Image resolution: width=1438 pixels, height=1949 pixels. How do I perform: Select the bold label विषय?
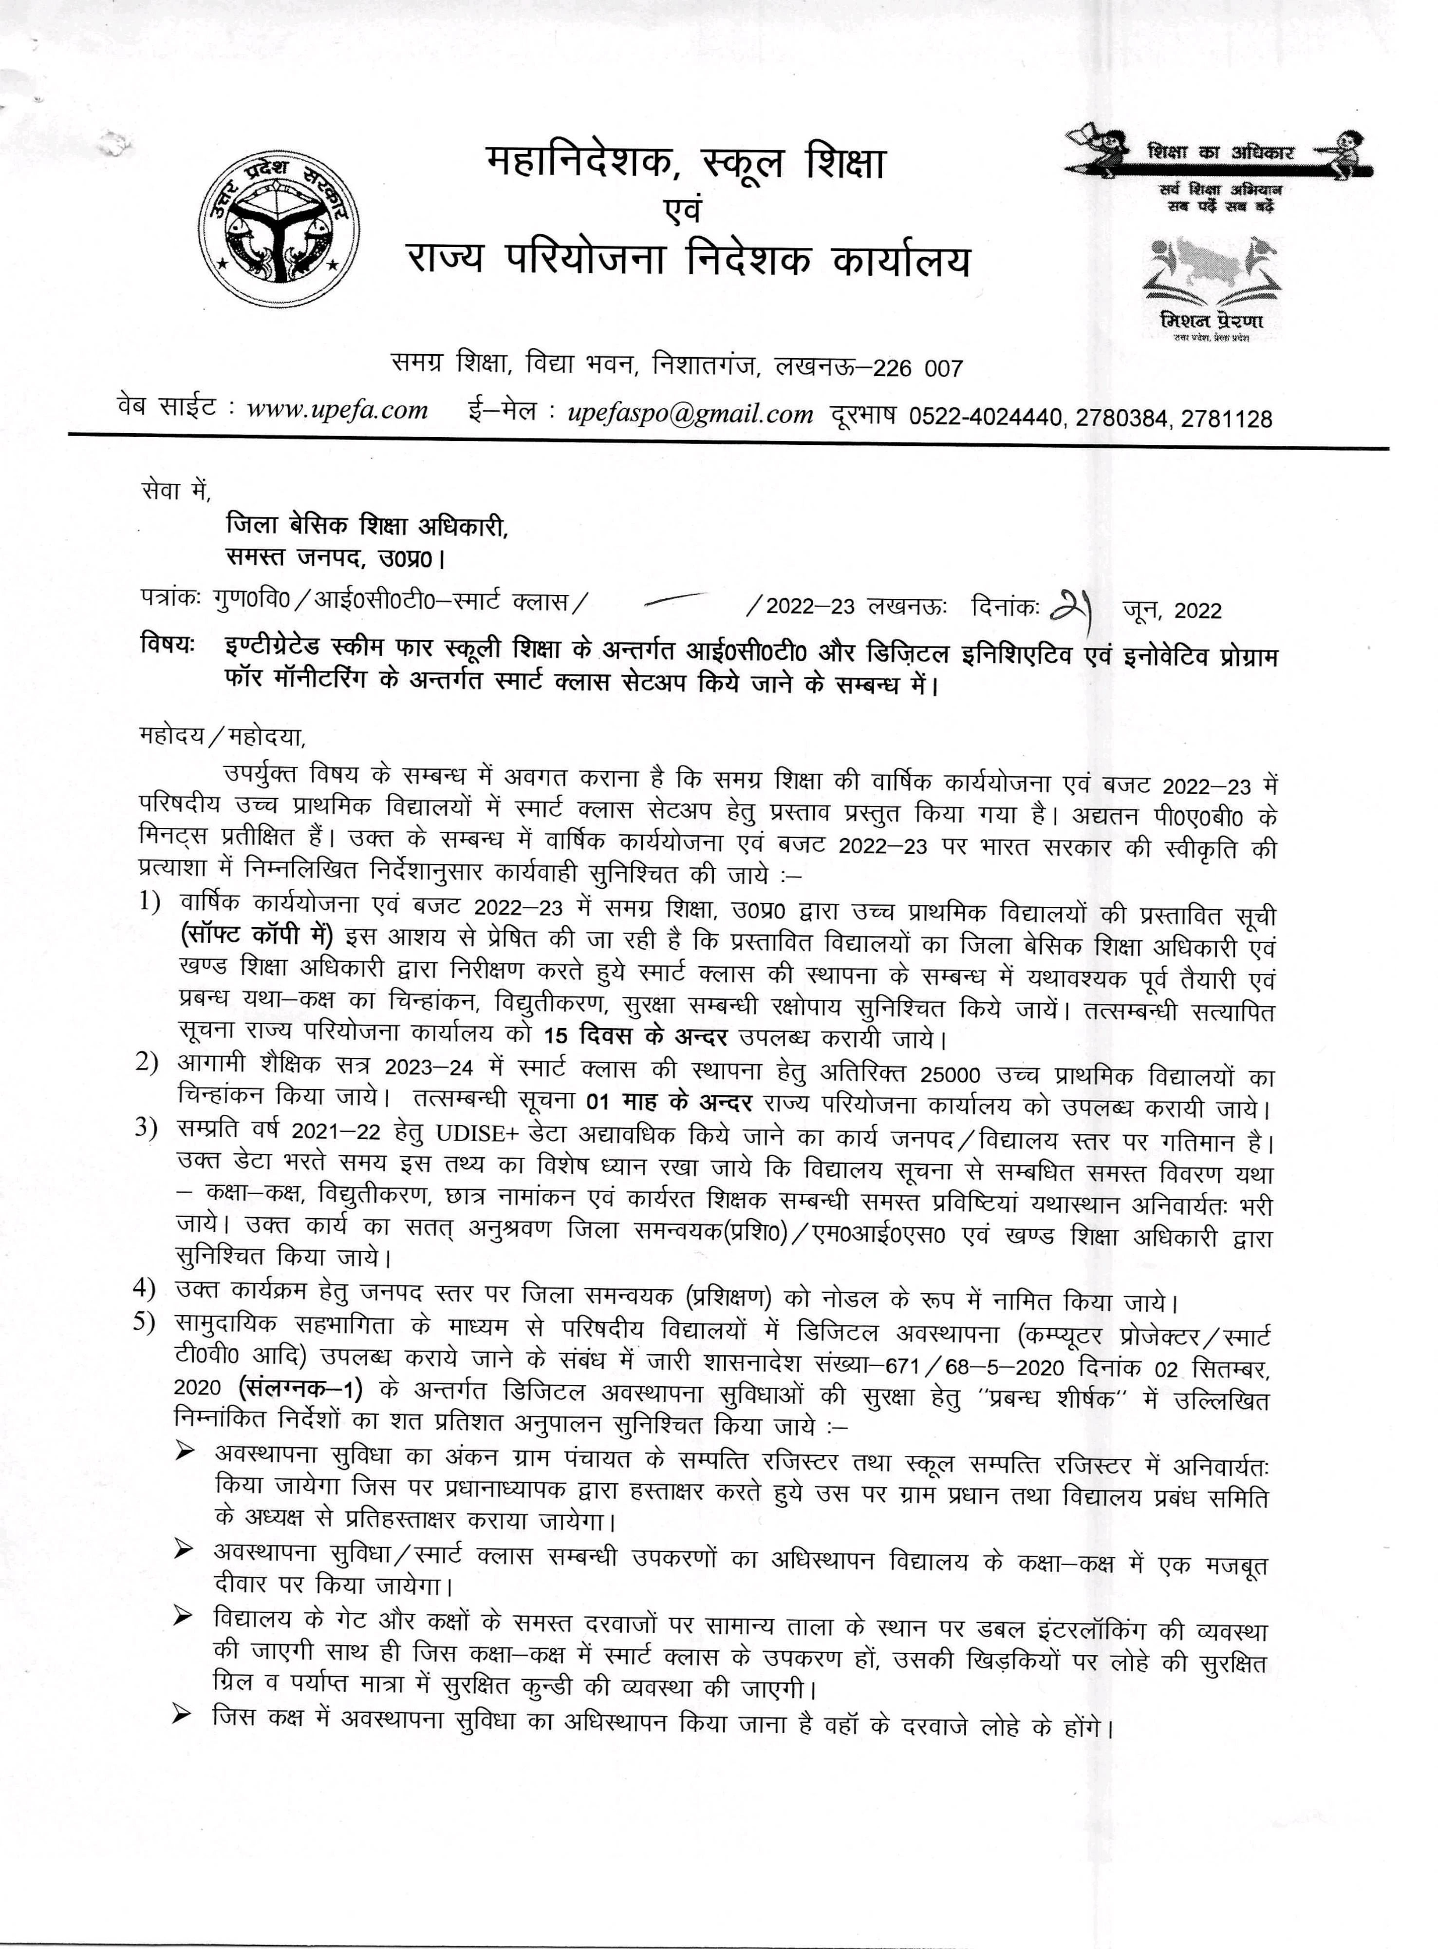click(166, 646)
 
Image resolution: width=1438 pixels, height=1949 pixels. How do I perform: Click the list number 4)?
click(145, 1287)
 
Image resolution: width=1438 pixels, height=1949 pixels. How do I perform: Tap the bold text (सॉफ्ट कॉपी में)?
click(257, 936)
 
